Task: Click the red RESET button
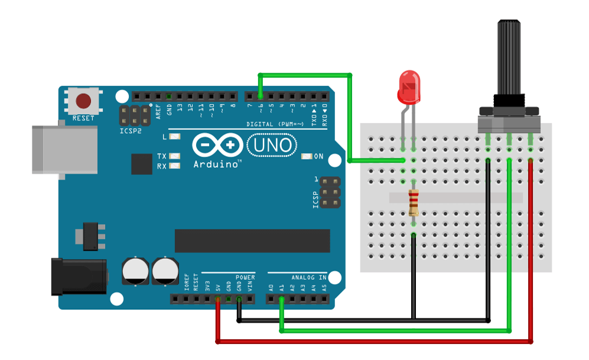(x=83, y=100)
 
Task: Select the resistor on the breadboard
(x=414, y=203)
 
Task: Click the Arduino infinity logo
(x=217, y=144)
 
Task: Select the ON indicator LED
(x=306, y=157)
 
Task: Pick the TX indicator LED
(x=174, y=156)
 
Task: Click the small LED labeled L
(x=174, y=137)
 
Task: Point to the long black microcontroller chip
(x=252, y=241)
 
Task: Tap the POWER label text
(x=245, y=277)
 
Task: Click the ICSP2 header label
(x=131, y=131)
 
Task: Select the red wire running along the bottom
(x=372, y=342)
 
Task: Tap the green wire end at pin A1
(x=282, y=300)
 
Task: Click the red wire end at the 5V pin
(x=218, y=300)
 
